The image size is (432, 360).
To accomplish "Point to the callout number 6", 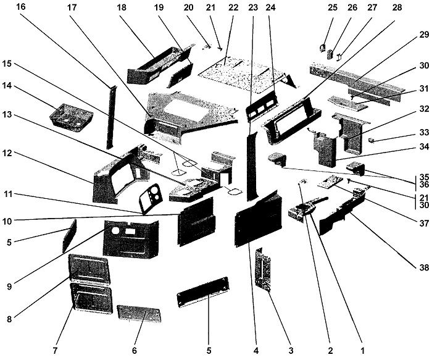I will [x=134, y=351].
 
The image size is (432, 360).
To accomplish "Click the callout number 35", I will [x=422, y=176].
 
